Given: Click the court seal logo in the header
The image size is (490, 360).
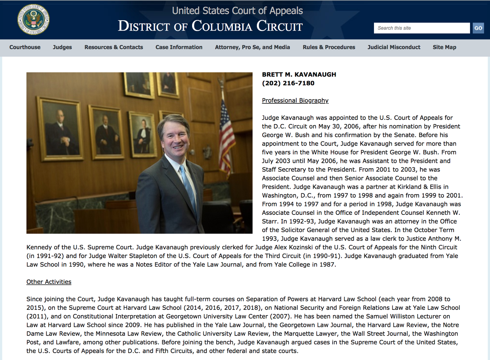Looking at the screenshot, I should [x=33, y=20].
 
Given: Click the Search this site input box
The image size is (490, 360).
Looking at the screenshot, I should [x=421, y=28].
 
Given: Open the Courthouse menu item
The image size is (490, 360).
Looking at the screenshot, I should [x=25, y=47].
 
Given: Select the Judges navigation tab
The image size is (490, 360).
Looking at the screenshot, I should [x=62, y=47].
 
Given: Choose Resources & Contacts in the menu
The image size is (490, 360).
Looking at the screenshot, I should [x=114, y=47].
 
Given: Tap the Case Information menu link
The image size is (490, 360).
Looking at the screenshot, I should [x=179, y=47].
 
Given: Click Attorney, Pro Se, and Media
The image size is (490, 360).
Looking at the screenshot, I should [x=252, y=47].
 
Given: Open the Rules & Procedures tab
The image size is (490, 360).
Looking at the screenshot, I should [x=329, y=47].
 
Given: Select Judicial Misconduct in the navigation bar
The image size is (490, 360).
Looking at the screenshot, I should [x=394, y=47].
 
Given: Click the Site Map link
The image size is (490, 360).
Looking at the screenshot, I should [x=444, y=47].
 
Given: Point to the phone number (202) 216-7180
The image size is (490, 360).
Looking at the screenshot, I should [x=283, y=83].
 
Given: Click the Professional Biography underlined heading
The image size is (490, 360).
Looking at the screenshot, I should [x=295, y=100].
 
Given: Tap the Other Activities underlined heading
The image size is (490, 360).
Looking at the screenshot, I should [x=49, y=282].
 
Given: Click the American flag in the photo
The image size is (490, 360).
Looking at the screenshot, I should [x=227, y=134].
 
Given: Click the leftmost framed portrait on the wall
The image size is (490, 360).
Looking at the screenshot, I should [x=60, y=128].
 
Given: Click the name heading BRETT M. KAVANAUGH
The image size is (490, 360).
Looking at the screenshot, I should [x=299, y=74].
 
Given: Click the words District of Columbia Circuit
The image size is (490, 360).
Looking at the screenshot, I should [x=210, y=26].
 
